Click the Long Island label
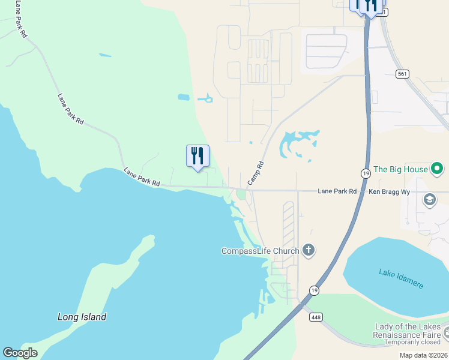point(82,317)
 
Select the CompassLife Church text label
point(260,251)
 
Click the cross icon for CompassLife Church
point(309,250)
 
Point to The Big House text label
point(400,169)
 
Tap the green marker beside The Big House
point(438,169)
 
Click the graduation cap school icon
point(430,199)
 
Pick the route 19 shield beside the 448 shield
point(314,290)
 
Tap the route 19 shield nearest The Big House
point(366,173)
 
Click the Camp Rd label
point(256,173)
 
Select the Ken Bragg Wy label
point(389,191)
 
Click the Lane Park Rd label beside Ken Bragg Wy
point(337,191)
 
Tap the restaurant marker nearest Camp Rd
point(197,157)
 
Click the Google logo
point(20,353)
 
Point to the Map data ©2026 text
point(424,355)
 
